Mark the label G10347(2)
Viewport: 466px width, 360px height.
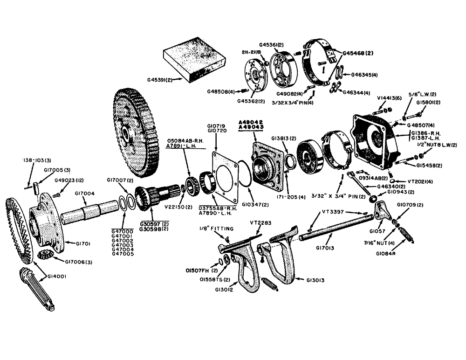click(254, 204)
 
